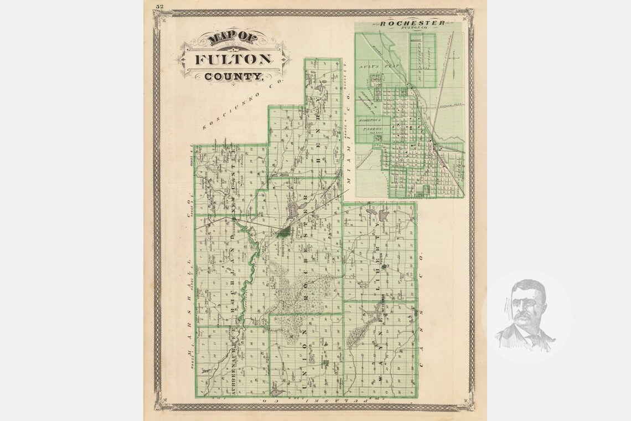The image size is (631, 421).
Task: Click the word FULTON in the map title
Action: tap(232, 59)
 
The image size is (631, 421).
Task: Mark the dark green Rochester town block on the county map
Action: tap(283, 233)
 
